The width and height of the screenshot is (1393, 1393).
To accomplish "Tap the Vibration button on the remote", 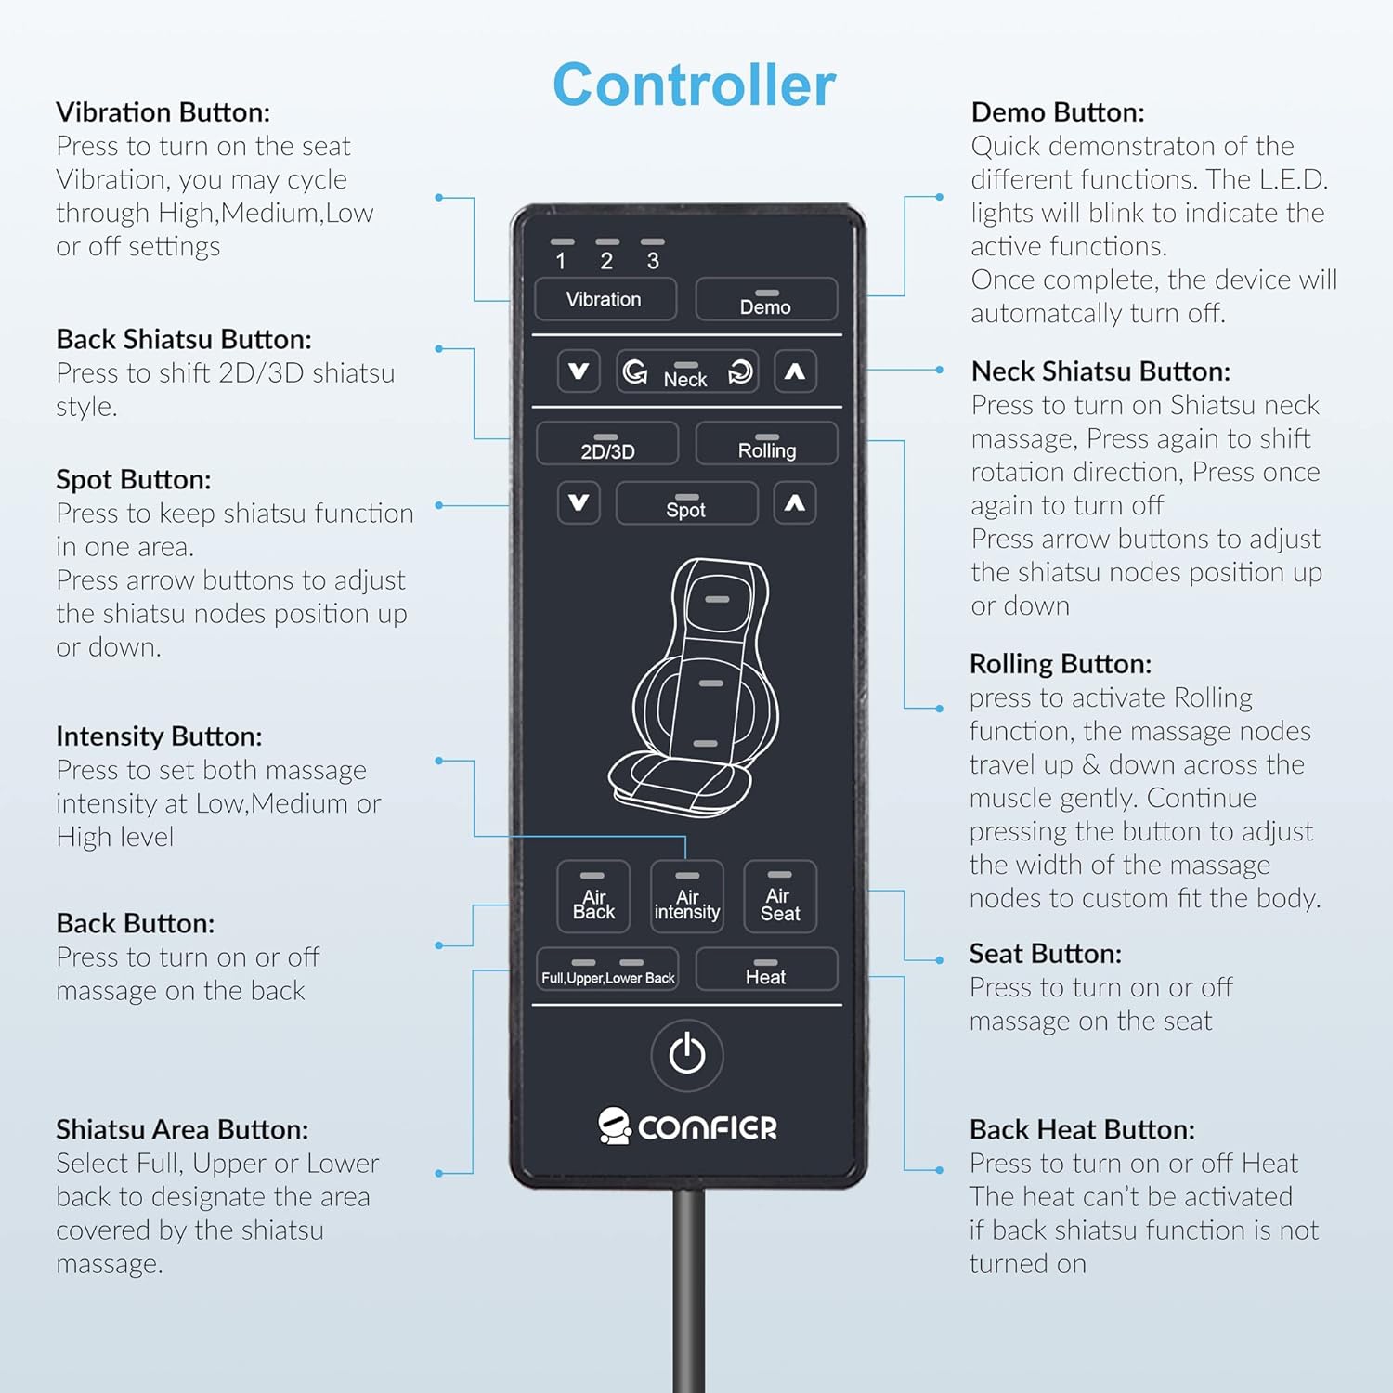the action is (x=605, y=299).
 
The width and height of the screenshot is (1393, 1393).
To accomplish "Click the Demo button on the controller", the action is (x=766, y=299).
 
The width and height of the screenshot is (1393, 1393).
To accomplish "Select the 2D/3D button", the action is (x=607, y=444).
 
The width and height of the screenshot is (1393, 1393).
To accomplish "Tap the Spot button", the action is (x=686, y=503).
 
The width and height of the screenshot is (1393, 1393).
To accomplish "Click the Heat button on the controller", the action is (x=766, y=970).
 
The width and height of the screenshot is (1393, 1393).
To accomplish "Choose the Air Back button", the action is (x=593, y=896).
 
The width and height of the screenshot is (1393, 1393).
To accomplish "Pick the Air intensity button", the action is (x=687, y=896).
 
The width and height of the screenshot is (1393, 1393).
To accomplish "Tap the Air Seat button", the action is (x=780, y=896).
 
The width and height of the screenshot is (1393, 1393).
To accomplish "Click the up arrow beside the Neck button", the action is (x=795, y=372).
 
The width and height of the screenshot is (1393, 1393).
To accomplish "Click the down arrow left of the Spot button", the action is (x=579, y=503).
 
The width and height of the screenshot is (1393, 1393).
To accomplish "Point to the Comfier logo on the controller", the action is (x=687, y=1126).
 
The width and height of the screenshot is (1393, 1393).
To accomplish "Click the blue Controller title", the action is (x=695, y=85).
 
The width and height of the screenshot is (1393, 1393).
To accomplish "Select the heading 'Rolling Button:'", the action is (x=1061, y=664).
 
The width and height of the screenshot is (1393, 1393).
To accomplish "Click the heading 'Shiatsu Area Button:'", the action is (x=182, y=1129).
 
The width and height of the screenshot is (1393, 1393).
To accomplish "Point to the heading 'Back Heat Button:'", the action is (x=1082, y=1129).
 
